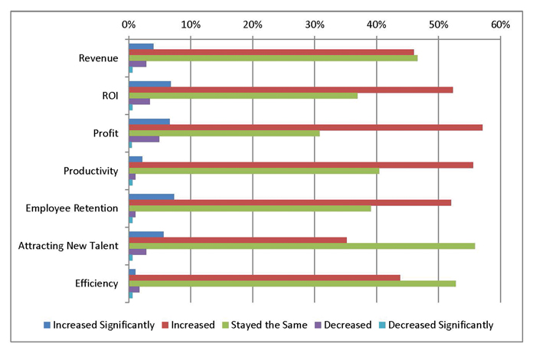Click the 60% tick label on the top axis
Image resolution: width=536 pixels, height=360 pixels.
500,25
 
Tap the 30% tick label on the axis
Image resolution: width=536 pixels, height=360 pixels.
314,25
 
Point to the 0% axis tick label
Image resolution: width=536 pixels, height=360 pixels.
128,25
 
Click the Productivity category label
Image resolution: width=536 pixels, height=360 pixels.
91,170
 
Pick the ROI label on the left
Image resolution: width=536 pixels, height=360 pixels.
109,95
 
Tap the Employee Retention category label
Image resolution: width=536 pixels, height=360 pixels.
72,208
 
